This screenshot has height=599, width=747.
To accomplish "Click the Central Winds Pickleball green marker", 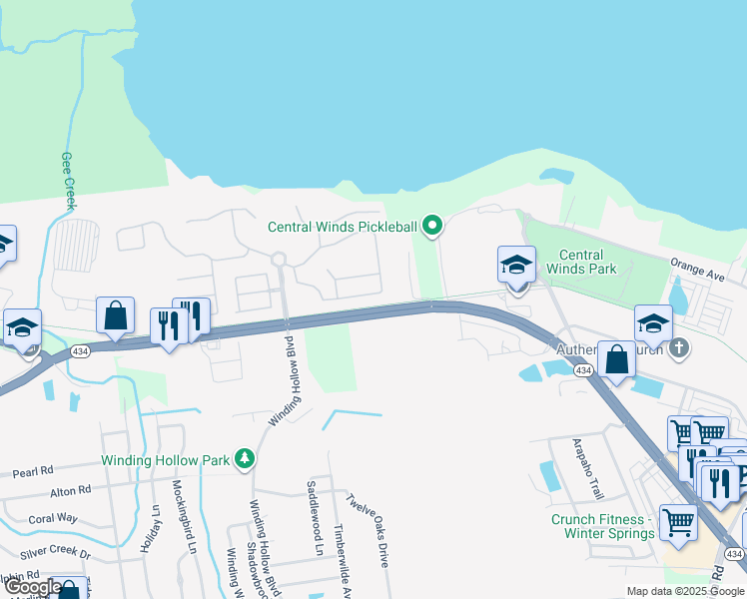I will (431, 228).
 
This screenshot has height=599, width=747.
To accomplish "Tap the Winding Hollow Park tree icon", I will (244, 460).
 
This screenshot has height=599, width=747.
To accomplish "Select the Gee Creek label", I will (69, 181).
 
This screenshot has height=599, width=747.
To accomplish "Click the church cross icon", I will (678, 347).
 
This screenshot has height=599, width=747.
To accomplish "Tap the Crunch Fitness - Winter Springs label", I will (602, 526).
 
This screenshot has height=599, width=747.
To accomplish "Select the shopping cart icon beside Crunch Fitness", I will (678, 521).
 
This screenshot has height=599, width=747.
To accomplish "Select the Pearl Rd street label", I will (31, 471).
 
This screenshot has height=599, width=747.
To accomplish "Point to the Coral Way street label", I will (53, 518).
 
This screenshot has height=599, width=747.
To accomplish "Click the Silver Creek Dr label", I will (54, 552).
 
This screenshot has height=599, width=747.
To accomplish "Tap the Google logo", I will (33, 587).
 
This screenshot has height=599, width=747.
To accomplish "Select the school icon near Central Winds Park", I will (516, 266).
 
